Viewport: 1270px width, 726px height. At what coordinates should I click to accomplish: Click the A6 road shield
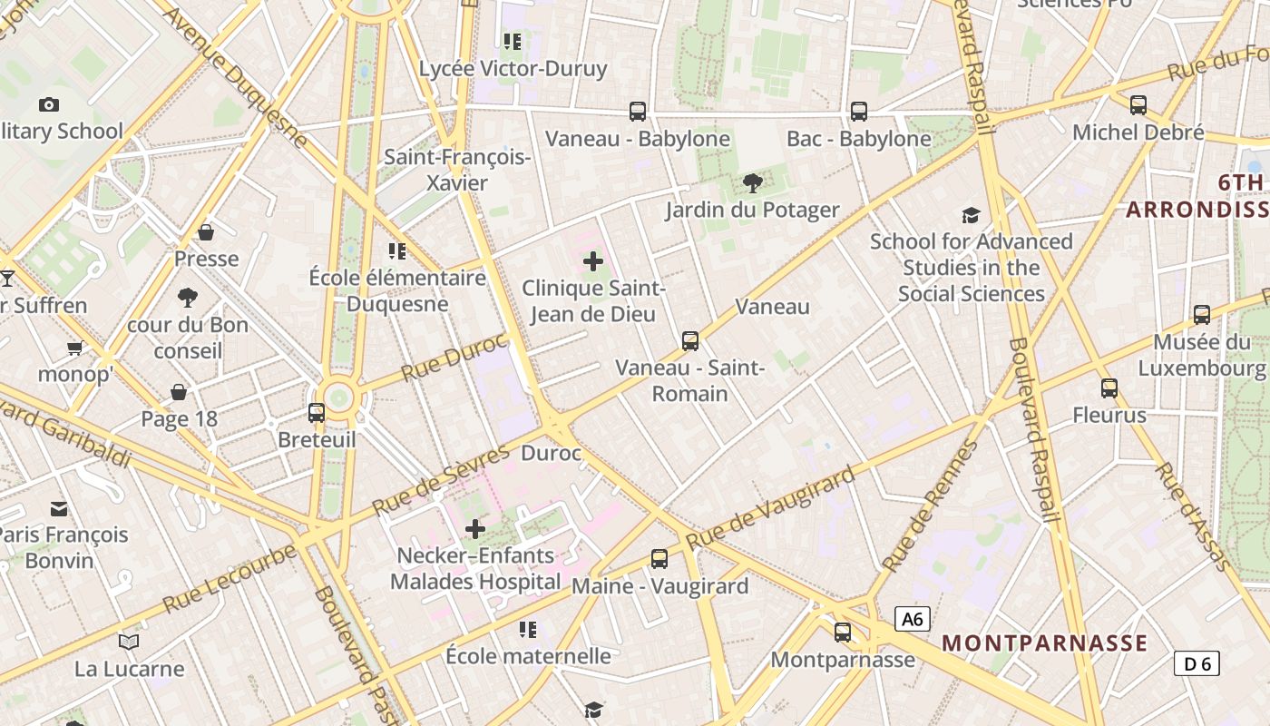[x=913, y=619]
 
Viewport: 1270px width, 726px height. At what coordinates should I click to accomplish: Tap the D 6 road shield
[x=1197, y=663]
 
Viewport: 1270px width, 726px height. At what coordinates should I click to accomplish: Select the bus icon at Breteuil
[x=317, y=413]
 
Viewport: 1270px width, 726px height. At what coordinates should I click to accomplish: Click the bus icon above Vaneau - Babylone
[x=638, y=112]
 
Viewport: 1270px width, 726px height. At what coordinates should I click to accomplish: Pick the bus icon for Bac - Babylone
[x=858, y=112]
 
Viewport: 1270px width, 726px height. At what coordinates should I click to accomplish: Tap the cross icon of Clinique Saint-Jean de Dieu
[x=593, y=261]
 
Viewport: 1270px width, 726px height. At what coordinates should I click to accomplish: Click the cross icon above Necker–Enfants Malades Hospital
[x=474, y=528]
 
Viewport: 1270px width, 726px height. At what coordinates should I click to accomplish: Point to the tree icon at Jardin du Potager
[x=752, y=183]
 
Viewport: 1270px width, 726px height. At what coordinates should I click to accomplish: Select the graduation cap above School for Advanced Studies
[x=972, y=215]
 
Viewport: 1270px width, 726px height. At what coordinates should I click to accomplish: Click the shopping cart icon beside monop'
[x=75, y=348]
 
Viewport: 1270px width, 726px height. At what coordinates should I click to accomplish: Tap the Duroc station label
[x=552, y=452]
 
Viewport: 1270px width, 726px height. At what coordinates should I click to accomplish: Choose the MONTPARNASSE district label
[x=1045, y=643]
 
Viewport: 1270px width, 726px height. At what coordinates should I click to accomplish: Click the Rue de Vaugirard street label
[x=771, y=508]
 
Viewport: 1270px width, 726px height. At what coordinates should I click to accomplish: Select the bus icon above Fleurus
[x=1109, y=388]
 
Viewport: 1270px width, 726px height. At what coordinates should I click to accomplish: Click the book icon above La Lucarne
[x=129, y=642]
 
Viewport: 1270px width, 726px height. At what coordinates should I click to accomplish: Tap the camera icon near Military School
[x=49, y=104]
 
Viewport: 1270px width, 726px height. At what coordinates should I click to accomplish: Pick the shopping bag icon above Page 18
[x=179, y=391]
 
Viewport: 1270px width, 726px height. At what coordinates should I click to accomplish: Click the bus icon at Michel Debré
[x=1138, y=105]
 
